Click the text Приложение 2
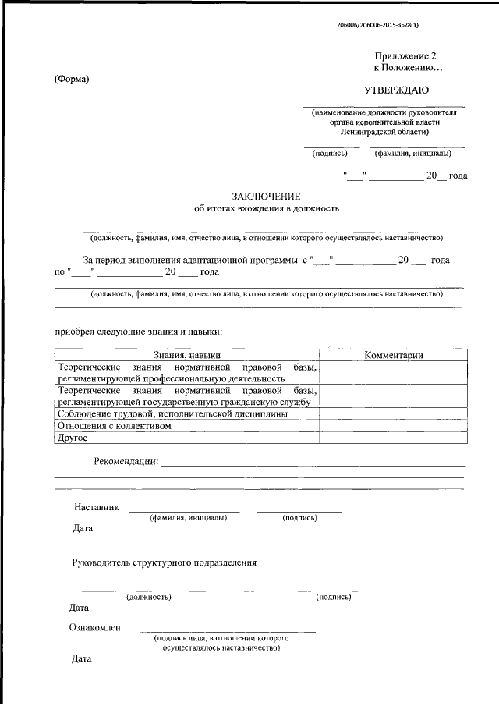tap(403, 57)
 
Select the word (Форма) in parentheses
tap(72, 78)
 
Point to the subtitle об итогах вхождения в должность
tap(267, 208)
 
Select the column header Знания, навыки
tap(187, 355)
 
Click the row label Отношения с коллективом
tap(114, 426)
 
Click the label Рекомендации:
tap(126, 462)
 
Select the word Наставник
tap(97, 507)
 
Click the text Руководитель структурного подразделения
tap(164, 562)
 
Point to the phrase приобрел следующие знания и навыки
tap(138, 331)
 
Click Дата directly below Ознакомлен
tap(81, 658)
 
